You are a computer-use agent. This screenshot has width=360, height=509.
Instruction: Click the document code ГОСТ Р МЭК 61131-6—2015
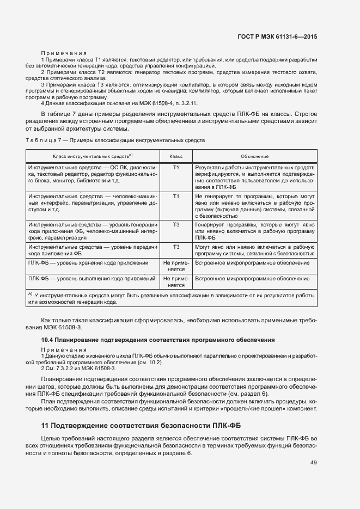point(277,36)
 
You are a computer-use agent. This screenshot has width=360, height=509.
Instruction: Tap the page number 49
point(313,463)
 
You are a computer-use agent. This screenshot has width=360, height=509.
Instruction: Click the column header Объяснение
point(254,156)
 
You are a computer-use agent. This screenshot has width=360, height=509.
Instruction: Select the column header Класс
point(176,156)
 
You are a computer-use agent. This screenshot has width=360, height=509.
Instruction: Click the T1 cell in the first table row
point(176,167)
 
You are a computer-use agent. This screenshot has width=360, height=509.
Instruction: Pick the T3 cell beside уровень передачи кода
point(176,247)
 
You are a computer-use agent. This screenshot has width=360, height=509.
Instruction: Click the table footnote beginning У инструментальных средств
point(172,298)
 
